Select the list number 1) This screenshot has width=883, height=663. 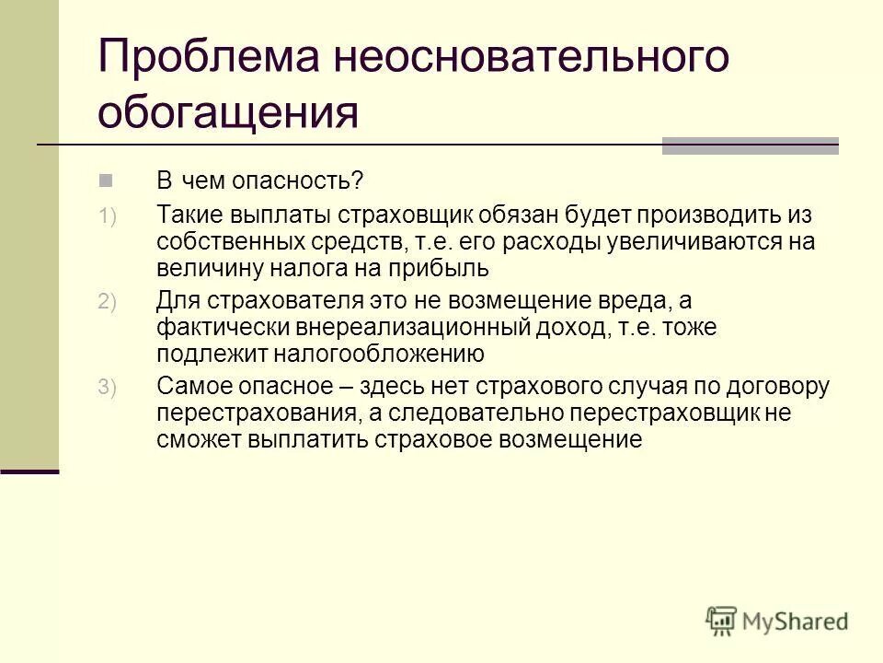(108, 217)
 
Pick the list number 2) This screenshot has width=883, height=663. (108, 303)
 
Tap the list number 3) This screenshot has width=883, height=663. (108, 390)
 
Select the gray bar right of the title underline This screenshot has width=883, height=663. (750, 145)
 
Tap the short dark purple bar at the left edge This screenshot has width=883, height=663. (29, 471)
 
